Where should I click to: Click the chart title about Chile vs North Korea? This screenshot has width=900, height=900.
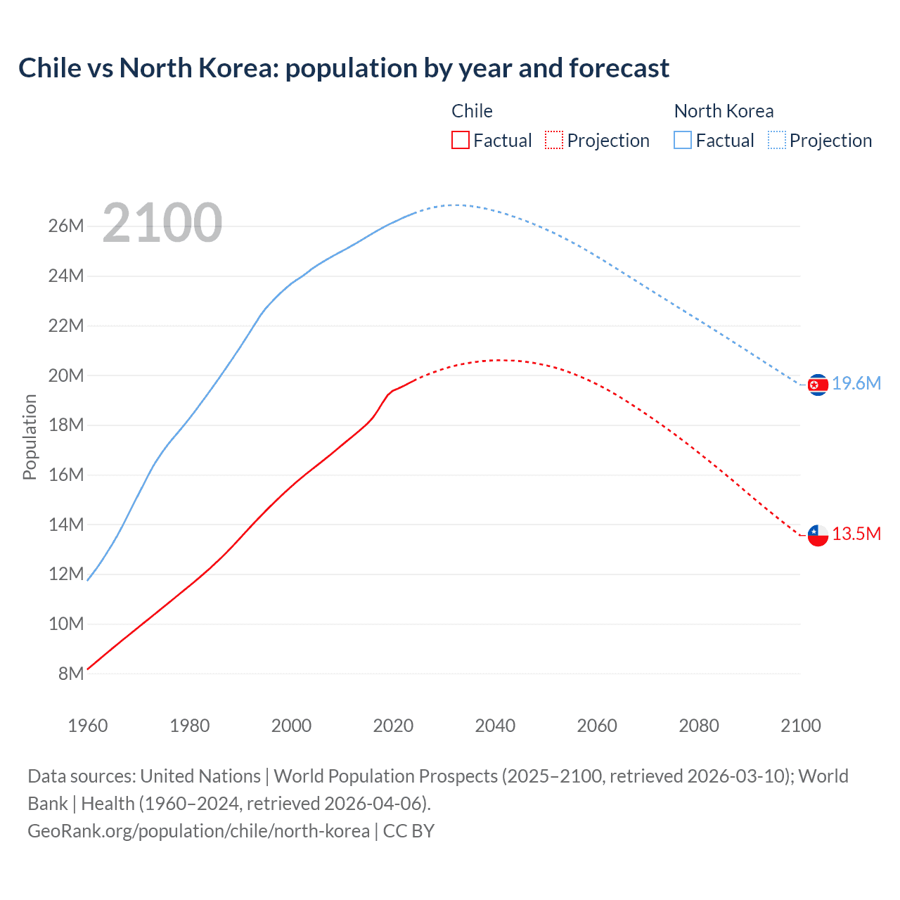(x=344, y=68)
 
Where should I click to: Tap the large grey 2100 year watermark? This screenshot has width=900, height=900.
(x=162, y=223)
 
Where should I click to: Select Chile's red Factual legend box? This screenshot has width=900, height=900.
(x=460, y=140)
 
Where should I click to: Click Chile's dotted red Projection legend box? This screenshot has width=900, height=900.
(x=554, y=140)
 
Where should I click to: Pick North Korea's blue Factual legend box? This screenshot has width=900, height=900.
(x=682, y=140)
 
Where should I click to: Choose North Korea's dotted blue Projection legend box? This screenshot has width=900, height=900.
(x=776, y=140)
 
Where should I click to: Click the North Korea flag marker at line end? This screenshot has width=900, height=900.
(x=818, y=385)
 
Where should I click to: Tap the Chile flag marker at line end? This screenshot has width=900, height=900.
(x=818, y=535)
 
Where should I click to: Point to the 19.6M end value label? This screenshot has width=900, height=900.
(x=856, y=384)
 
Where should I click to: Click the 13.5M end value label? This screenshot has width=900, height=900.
(x=856, y=534)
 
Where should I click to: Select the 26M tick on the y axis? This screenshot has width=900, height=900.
(x=66, y=226)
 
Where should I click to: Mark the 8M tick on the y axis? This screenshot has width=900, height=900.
(x=71, y=674)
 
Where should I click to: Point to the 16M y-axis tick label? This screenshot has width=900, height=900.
(x=66, y=475)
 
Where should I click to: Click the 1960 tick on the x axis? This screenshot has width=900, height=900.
(x=88, y=726)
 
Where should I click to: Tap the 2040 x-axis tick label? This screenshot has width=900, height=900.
(x=495, y=726)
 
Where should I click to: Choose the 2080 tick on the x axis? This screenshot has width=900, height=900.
(x=699, y=726)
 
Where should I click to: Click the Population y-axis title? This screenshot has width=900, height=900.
(x=30, y=437)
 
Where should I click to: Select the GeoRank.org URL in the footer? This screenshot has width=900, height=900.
(x=198, y=831)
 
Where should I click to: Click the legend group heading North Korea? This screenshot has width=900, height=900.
(x=724, y=111)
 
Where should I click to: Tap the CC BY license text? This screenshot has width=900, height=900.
(x=409, y=831)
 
